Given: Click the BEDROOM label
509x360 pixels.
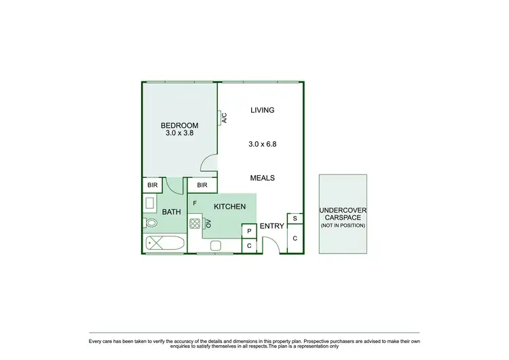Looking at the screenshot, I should pos(179,125).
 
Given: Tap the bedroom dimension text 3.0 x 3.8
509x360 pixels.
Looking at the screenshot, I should pos(179,134).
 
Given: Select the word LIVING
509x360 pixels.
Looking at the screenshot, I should pos(262,110).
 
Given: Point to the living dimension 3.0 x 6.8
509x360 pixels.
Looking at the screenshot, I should pos(262,144).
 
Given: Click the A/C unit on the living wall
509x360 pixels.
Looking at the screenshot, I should pos(222,118).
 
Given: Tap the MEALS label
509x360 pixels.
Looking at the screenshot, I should pos(262,178).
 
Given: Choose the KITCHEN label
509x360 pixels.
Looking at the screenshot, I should pos(229,206).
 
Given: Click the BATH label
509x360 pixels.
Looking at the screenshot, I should pos(171,212).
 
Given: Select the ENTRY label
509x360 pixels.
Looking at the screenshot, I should pos(272,226).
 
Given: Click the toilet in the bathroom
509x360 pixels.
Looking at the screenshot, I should pos(151,222).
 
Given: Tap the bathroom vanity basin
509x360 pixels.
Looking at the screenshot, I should pos(149,202).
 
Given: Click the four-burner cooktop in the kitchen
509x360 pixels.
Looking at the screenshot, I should pos(195,223).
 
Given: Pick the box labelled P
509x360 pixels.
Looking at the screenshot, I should pos(249,231).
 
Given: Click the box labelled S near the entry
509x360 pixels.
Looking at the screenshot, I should pos(295,218).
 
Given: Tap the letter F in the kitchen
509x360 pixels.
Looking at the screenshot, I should pos(195,202).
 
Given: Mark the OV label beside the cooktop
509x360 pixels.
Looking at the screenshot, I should pos(208,223).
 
